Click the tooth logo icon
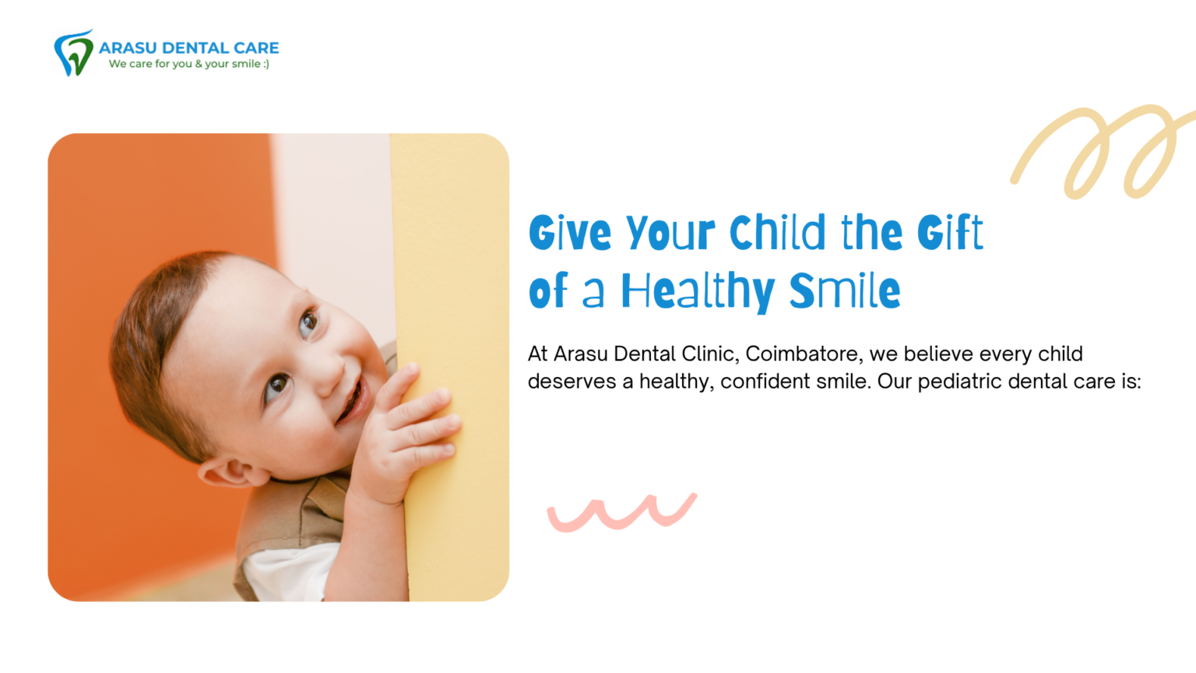click(x=74, y=53)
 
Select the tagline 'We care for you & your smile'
click(x=189, y=64)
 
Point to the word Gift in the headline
click(x=950, y=232)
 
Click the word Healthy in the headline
click(x=698, y=291)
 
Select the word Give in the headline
click(x=570, y=232)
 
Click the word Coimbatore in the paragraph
click(x=804, y=354)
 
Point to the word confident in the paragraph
click(x=765, y=382)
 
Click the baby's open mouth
click(x=354, y=400)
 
